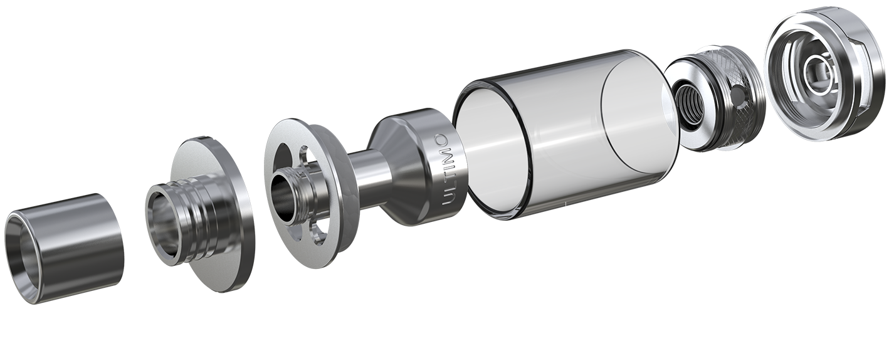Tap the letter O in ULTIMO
[441, 140]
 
